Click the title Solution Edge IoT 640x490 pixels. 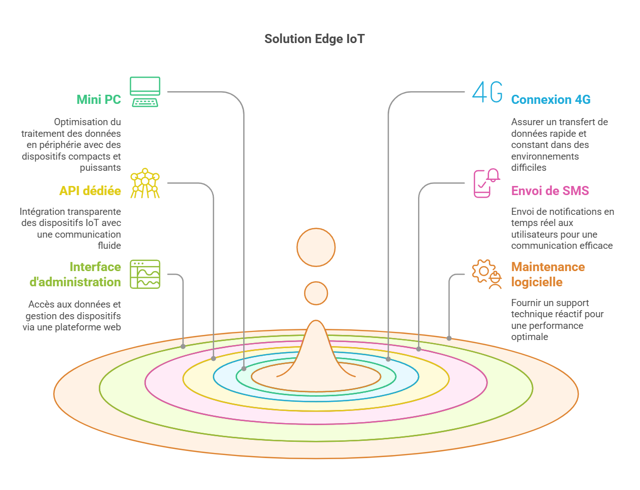point(314,39)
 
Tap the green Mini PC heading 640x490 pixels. point(99,99)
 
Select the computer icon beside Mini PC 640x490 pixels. point(145,92)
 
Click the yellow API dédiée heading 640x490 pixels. point(90,191)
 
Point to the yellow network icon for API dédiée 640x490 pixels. point(145,183)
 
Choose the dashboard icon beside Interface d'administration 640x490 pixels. point(145,274)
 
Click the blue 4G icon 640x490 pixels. point(487,92)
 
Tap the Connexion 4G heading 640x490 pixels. point(551,99)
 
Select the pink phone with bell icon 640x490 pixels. point(487,183)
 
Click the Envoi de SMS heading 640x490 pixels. point(550,191)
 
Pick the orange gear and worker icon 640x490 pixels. point(487,274)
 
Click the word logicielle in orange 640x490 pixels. point(537,282)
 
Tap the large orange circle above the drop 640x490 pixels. point(316,247)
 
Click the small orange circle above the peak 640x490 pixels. point(316,293)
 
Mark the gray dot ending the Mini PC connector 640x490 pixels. point(244,369)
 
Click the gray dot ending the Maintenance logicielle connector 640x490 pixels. point(449,338)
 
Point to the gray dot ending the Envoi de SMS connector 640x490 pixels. point(419,349)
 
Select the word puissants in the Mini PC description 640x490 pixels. point(100,168)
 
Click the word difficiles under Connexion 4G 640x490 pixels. point(529,168)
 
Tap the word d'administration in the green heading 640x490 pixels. point(75,282)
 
